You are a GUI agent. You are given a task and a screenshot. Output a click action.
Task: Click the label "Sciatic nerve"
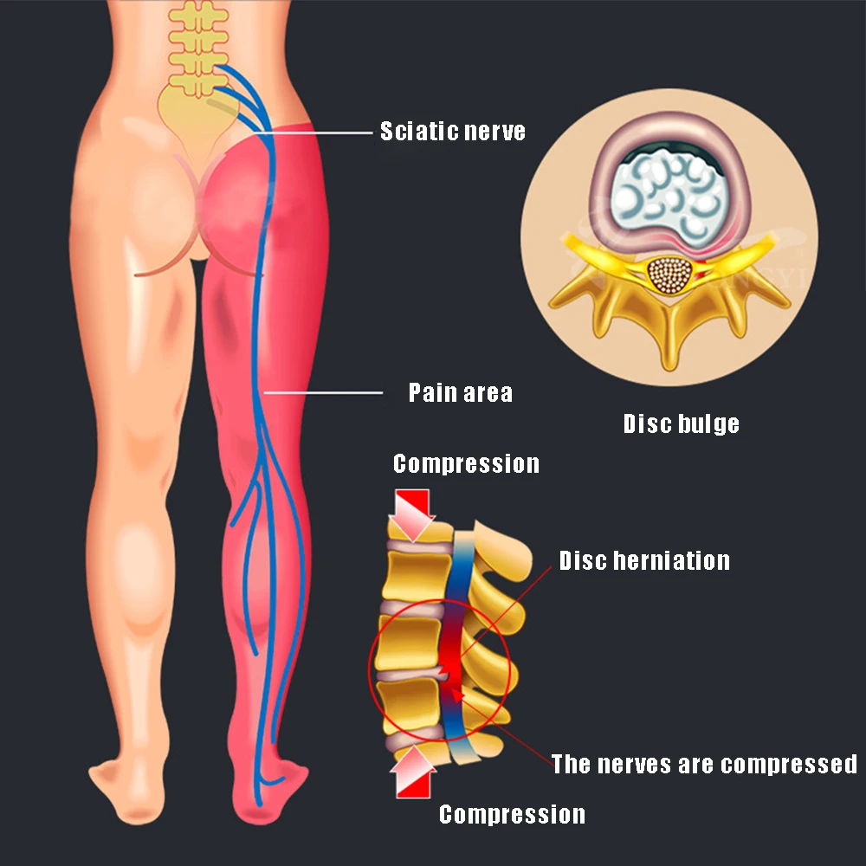[x=453, y=132]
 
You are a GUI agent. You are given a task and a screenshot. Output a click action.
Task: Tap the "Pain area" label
[x=460, y=393]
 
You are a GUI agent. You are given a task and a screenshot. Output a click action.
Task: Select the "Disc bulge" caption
[x=682, y=423]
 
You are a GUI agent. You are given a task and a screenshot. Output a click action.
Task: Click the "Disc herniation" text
[x=644, y=560]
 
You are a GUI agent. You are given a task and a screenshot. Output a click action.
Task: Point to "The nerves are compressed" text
[x=704, y=764]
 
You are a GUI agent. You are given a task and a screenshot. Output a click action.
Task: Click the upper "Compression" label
[x=466, y=463]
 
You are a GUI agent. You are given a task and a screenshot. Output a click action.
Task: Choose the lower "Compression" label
[x=512, y=814]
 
